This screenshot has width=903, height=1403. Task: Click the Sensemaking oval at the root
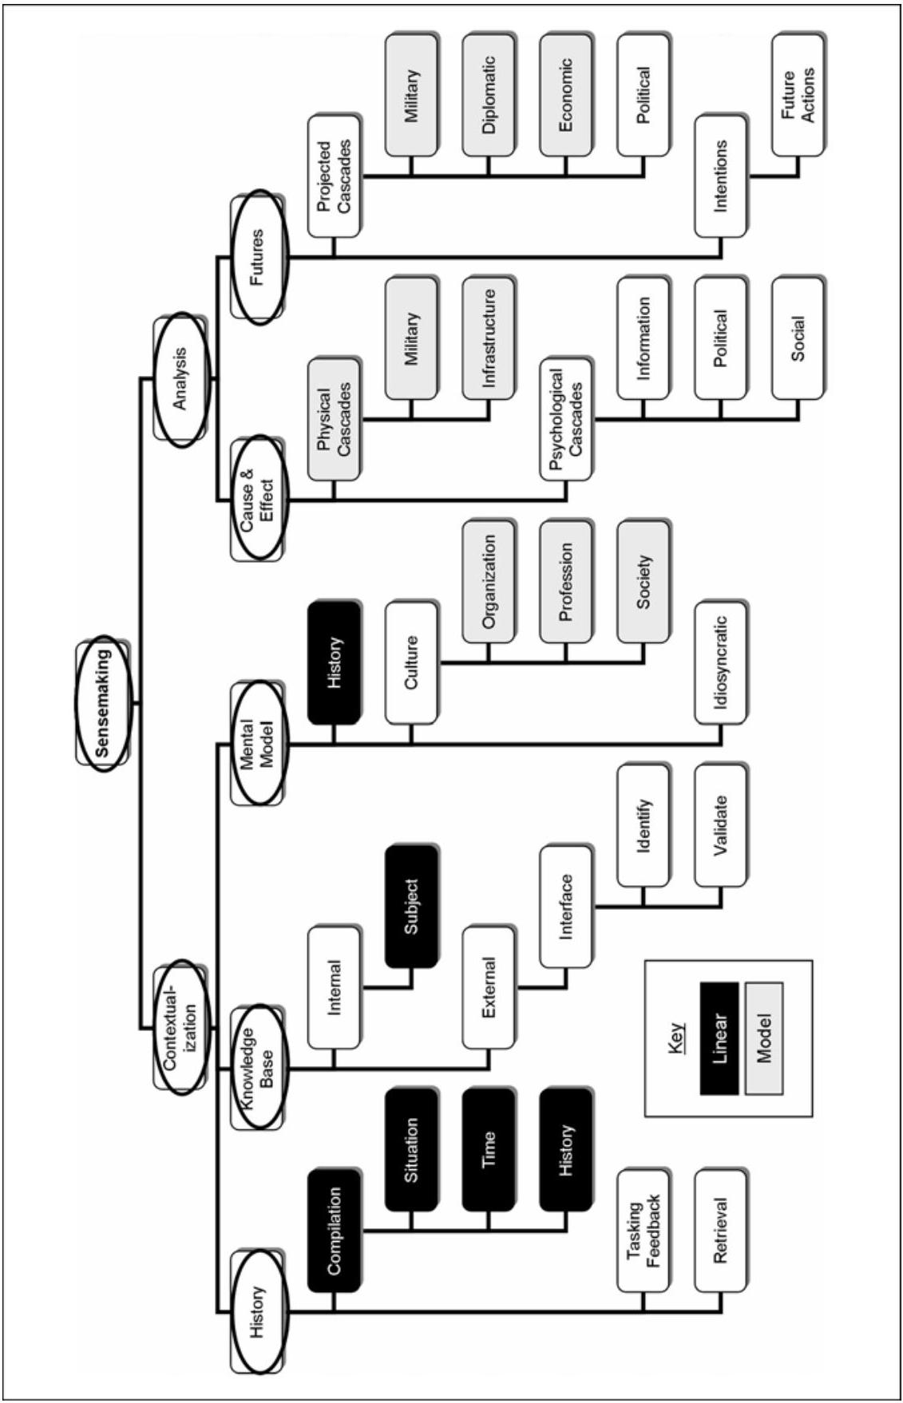coord(101,703)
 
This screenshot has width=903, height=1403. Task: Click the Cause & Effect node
coord(258,496)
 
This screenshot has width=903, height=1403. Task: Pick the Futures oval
coord(258,256)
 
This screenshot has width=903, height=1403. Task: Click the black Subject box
coord(411,907)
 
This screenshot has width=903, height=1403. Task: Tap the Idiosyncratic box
coord(721,663)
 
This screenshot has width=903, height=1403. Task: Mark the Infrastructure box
coord(489,337)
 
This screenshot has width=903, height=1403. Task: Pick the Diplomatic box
coord(489,94)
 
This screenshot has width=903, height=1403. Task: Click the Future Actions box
coord(798,94)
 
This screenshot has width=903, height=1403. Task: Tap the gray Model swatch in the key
coord(764,1037)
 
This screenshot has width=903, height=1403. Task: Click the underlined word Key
coord(678,1037)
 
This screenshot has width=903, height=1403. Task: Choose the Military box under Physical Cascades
coord(411,337)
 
